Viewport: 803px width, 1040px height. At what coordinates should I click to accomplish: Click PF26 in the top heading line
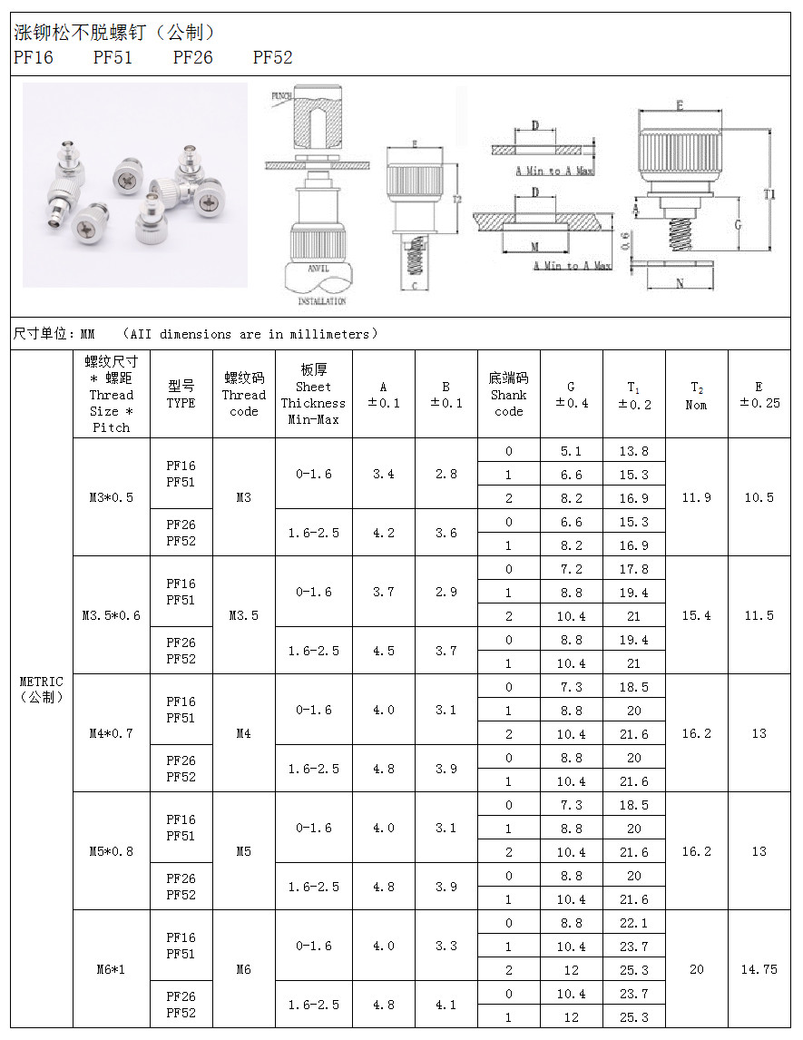192,58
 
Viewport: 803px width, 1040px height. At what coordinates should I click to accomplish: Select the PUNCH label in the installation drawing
280,95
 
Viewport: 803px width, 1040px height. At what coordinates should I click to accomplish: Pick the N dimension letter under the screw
681,283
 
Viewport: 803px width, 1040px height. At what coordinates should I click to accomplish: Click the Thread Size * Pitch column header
111,395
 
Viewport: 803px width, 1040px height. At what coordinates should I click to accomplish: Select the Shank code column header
508,395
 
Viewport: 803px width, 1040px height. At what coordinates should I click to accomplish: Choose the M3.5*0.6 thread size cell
111,615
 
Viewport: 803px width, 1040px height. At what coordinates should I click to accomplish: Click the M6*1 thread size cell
111,969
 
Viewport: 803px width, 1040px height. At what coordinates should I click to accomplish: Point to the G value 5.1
571,451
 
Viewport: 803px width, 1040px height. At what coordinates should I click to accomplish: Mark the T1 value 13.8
633,451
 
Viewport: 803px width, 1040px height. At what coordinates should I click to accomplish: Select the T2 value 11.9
696,497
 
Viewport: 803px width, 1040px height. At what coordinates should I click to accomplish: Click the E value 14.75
759,969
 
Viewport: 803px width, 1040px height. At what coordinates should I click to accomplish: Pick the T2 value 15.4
696,615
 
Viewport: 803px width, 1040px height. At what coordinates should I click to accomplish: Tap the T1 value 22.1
633,923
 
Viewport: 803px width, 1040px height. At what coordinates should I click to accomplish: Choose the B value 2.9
446,592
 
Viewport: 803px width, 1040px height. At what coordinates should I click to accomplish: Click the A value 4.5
383,651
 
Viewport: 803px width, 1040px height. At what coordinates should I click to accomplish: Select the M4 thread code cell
243,733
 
